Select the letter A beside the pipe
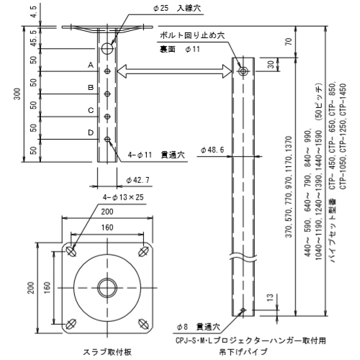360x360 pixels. (91, 65)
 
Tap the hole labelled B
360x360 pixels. (107, 94)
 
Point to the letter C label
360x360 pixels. (91, 110)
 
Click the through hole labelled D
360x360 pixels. (107, 139)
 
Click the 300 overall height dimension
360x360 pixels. (18, 94)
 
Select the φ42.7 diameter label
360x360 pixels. (138, 180)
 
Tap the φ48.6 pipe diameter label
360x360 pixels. (212, 150)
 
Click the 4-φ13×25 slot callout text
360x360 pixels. (123, 197)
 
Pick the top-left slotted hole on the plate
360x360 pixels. (71, 251)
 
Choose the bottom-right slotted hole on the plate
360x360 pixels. (143, 324)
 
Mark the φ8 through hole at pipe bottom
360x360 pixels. (243, 310)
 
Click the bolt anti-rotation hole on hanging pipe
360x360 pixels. (243, 71)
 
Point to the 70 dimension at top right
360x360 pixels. (289, 42)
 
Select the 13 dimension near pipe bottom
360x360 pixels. (270, 297)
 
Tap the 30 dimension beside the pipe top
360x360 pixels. (271, 65)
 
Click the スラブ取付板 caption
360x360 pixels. (107, 352)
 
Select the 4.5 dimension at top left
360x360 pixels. (34, 12)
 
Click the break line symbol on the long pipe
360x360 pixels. (243, 257)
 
